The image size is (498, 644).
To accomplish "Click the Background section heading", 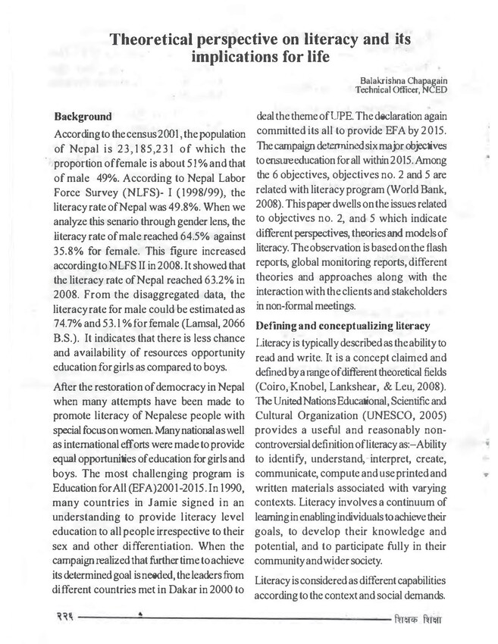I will (83, 118).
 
